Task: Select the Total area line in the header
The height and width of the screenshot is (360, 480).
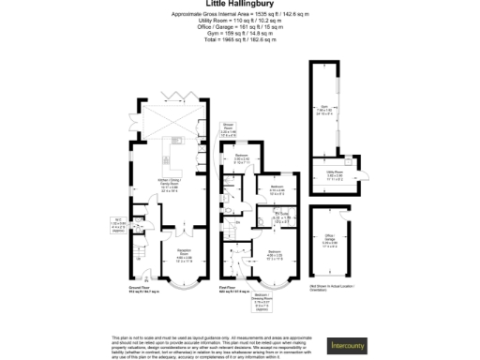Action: click(x=240, y=38)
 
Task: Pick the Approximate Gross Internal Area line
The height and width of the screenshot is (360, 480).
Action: click(x=240, y=15)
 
